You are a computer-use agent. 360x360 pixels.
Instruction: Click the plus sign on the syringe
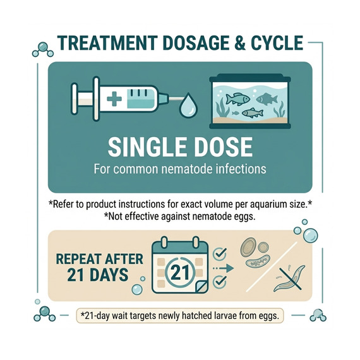click(114, 99)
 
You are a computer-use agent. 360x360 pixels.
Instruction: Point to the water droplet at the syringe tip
click(188, 104)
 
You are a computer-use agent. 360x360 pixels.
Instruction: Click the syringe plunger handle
click(75, 99)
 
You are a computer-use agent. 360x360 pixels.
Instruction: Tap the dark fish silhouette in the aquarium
click(267, 99)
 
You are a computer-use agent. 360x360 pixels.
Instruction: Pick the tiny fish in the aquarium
click(235, 113)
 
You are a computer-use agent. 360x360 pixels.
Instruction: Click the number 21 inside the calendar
click(181, 272)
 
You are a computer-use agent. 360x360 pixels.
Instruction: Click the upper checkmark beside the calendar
click(220, 253)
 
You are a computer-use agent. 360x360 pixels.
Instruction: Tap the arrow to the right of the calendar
click(224, 268)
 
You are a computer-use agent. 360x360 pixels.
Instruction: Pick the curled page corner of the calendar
click(201, 287)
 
